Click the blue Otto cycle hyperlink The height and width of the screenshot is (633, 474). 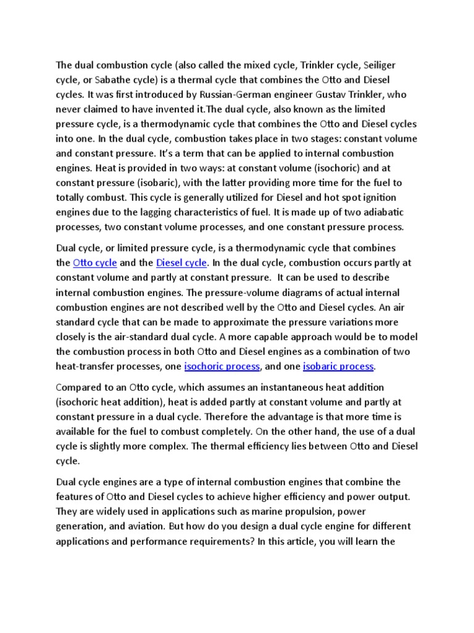tap(94, 262)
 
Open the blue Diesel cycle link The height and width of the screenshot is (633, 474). tap(181, 262)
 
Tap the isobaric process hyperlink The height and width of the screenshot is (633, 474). tap(338, 367)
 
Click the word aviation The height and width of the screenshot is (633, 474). tap(136, 526)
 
